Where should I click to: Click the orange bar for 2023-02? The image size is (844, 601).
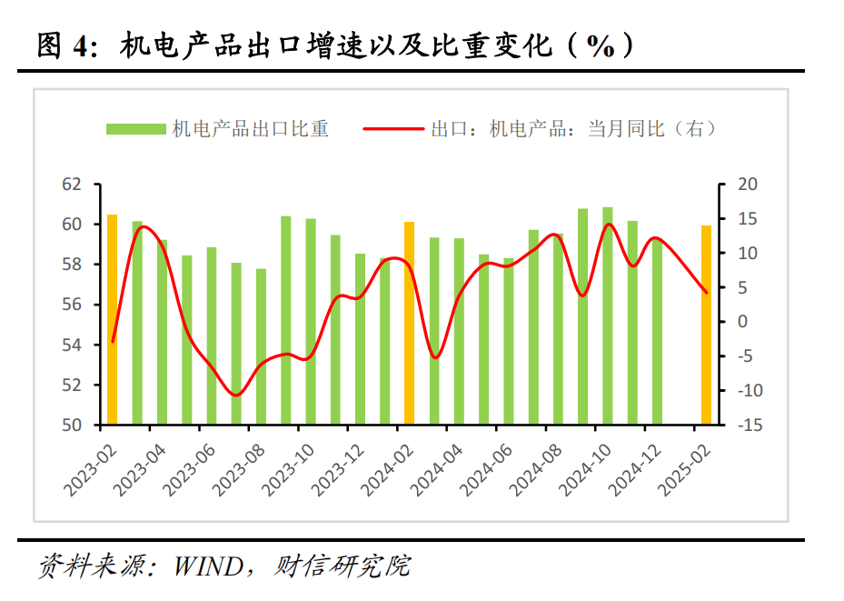coord(113,319)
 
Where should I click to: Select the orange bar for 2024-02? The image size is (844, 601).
coord(409,323)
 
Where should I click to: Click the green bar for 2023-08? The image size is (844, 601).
coord(261,346)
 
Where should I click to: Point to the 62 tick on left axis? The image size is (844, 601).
coord(71,185)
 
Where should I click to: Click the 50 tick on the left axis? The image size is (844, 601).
coord(71,425)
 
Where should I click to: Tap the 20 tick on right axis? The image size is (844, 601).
coord(747,185)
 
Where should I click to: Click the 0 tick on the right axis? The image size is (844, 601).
coord(742,322)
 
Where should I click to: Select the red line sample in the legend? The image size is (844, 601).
coord(393,129)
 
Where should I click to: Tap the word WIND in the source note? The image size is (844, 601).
coord(207,566)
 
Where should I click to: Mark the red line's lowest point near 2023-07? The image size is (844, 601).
coord(236,395)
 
